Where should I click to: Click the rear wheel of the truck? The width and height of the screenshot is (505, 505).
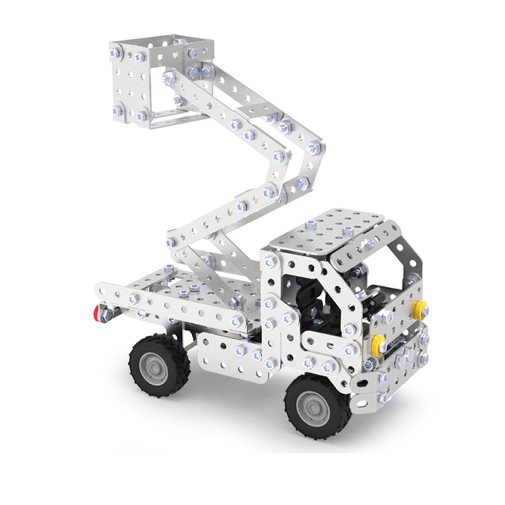point(159,364)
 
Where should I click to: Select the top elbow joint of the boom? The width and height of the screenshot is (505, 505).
point(314,149)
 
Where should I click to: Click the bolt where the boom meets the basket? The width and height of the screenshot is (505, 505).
point(169,79)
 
